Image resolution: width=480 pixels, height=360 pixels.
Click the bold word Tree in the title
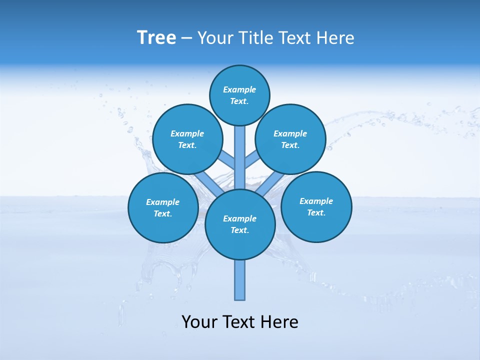pyautogui.click(x=156, y=38)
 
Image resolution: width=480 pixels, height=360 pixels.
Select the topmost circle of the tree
pyautogui.click(x=239, y=95)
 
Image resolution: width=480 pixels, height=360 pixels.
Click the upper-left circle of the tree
pyautogui.click(x=187, y=139)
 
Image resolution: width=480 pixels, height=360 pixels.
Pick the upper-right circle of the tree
pyautogui.click(x=290, y=139)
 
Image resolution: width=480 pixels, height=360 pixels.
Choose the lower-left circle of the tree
pyautogui.click(x=163, y=207)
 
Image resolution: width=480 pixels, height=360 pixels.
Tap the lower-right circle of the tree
pyautogui.click(x=316, y=206)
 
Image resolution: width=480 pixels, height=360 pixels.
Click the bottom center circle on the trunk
pyautogui.click(x=240, y=224)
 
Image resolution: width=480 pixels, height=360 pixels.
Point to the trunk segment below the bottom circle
pyautogui.click(x=240, y=280)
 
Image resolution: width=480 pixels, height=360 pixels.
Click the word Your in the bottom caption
pyautogui.click(x=199, y=322)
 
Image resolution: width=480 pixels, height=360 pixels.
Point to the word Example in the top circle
pyautogui.click(x=239, y=89)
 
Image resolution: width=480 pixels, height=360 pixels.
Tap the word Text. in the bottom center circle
pyautogui.click(x=239, y=230)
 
